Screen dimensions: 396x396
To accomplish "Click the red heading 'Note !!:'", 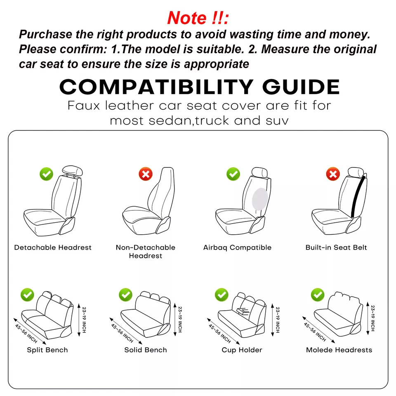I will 198,18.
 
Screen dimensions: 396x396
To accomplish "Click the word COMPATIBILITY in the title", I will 156,87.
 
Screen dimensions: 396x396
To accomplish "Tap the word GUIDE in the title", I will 301,87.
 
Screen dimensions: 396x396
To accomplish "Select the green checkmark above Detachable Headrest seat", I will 47,174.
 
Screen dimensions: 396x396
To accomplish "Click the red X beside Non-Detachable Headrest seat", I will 145,174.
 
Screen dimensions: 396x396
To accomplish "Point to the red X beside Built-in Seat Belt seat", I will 332,174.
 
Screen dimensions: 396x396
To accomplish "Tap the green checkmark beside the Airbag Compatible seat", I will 233,174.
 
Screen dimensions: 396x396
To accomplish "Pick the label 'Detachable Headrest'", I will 53,247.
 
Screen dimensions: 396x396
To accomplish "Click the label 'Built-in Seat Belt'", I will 336,247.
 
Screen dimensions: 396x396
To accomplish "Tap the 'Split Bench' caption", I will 47,350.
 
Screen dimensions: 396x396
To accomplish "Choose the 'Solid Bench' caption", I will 146,350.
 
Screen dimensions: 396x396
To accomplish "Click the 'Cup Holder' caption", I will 242,350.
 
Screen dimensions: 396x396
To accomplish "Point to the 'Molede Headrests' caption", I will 339,350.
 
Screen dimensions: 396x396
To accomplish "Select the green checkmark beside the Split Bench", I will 28,295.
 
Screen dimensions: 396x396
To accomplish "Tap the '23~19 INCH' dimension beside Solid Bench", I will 180,319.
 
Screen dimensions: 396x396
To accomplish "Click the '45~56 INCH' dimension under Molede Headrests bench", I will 316,330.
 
